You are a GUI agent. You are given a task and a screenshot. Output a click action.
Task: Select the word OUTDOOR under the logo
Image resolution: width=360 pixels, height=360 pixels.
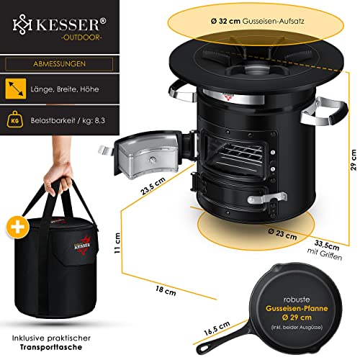(x=82, y=37)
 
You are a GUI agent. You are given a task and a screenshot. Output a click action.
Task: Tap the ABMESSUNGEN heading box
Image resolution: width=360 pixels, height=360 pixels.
(x=59, y=64)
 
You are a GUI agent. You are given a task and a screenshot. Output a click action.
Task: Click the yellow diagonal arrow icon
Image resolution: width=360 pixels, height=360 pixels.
(x=16, y=89)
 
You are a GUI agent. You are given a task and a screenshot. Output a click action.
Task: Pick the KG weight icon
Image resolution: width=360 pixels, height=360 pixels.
(x=15, y=120)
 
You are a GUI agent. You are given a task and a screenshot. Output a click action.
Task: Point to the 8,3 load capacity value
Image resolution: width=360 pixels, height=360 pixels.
(x=99, y=120)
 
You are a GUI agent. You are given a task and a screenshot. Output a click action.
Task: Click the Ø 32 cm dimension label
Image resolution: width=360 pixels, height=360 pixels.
(x=225, y=21)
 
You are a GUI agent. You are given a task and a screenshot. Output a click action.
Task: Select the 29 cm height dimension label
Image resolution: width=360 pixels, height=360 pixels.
(x=354, y=160)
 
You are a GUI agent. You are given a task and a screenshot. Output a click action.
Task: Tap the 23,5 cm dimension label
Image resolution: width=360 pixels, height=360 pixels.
(x=153, y=186)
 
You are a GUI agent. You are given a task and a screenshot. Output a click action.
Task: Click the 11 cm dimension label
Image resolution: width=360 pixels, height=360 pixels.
(x=117, y=243)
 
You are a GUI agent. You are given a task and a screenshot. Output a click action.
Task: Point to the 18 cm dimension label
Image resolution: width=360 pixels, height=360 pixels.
(x=166, y=290)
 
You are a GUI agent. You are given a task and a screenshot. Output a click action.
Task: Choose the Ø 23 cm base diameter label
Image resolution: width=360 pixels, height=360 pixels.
(x=282, y=234)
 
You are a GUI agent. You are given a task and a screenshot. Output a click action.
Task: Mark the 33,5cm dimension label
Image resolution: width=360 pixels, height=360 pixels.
(x=327, y=246)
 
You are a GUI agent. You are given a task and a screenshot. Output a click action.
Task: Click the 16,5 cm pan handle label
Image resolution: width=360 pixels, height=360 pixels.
(x=217, y=328)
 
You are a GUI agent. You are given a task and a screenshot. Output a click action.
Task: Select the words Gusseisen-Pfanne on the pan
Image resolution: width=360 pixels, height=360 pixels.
(x=297, y=308)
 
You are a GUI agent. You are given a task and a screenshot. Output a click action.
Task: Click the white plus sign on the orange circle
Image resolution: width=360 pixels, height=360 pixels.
(x=18, y=228)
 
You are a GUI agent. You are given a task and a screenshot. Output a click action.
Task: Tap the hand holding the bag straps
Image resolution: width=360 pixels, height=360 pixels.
(x=59, y=178)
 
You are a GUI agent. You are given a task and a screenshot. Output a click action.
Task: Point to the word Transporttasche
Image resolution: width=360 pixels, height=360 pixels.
(x=51, y=347)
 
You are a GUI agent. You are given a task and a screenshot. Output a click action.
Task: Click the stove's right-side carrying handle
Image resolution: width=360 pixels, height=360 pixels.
(x=325, y=111)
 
